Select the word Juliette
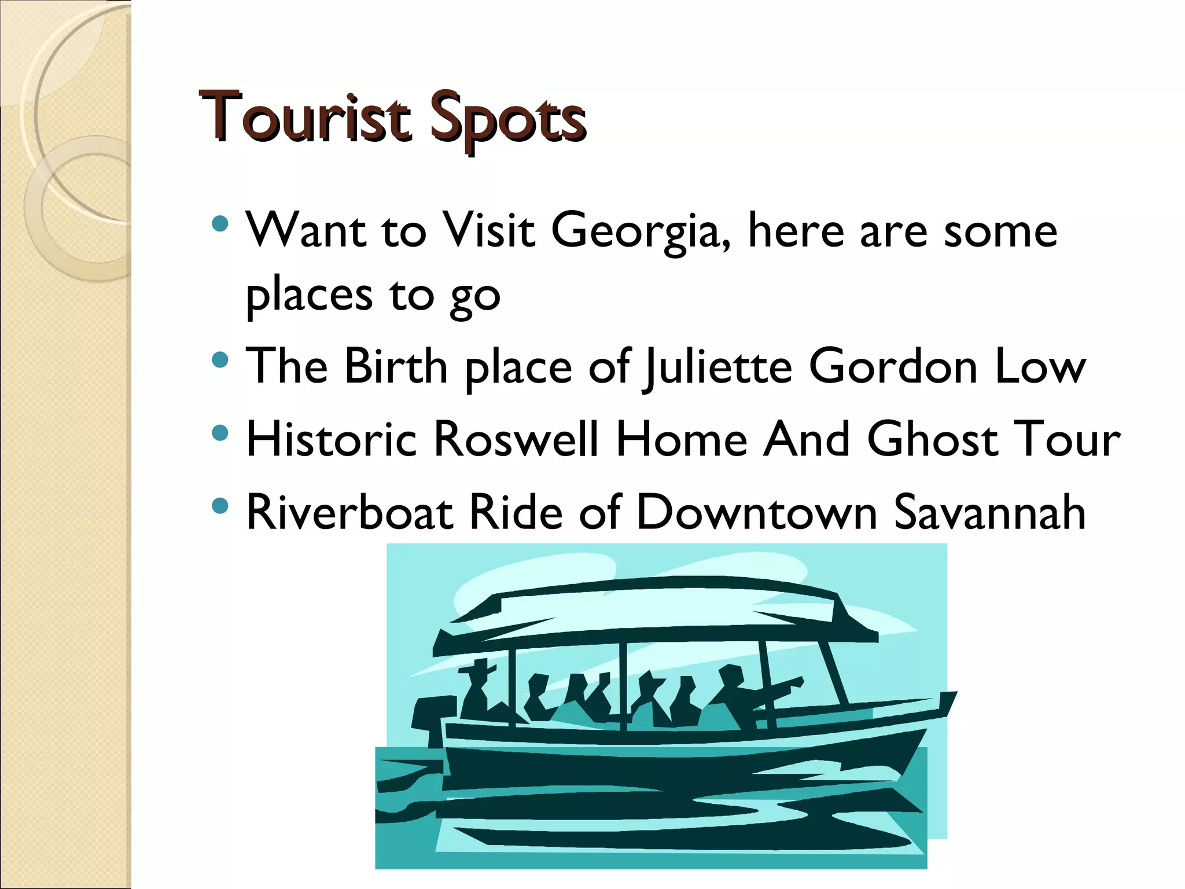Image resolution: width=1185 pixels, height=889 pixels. tap(717, 367)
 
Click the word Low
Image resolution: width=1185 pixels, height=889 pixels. tap(1039, 367)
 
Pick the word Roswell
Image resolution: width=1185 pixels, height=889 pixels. tap(516, 439)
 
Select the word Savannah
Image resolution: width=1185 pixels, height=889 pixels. tap(989, 512)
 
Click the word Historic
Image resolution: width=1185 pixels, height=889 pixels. tap(331, 439)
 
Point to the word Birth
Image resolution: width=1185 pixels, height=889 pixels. tap(396, 367)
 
